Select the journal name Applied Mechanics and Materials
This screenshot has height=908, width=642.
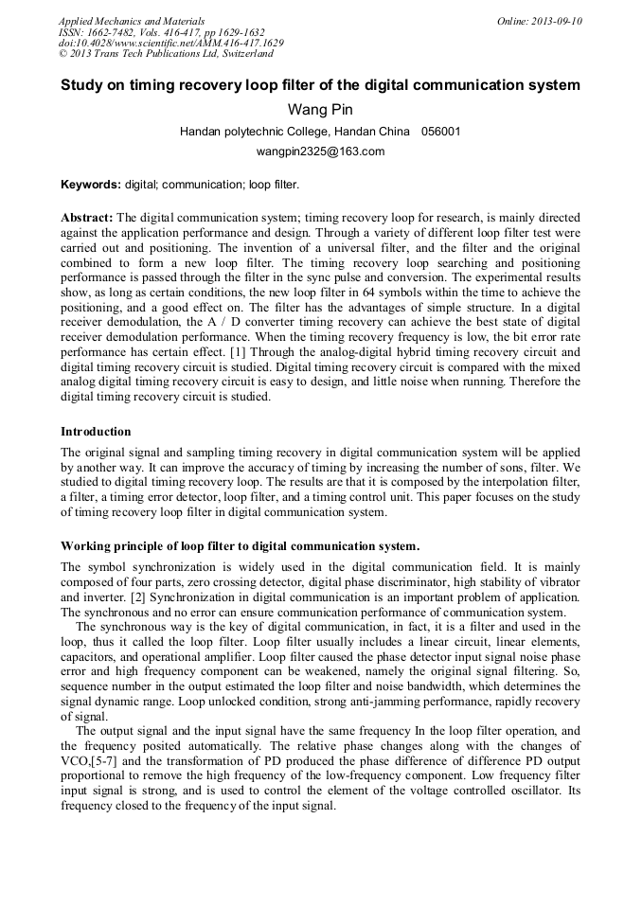[x=132, y=21]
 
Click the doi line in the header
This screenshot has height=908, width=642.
[x=170, y=44]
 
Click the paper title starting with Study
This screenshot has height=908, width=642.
[x=320, y=85]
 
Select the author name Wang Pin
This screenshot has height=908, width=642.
[x=320, y=110]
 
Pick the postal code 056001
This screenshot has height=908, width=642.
[x=441, y=132]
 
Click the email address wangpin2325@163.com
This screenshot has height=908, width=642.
[x=320, y=151]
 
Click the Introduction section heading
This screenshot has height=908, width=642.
[x=96, y=432]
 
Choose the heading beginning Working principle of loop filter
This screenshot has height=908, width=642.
[x=240, y=546]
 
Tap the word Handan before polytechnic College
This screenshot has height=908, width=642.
[x=202, y=132]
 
